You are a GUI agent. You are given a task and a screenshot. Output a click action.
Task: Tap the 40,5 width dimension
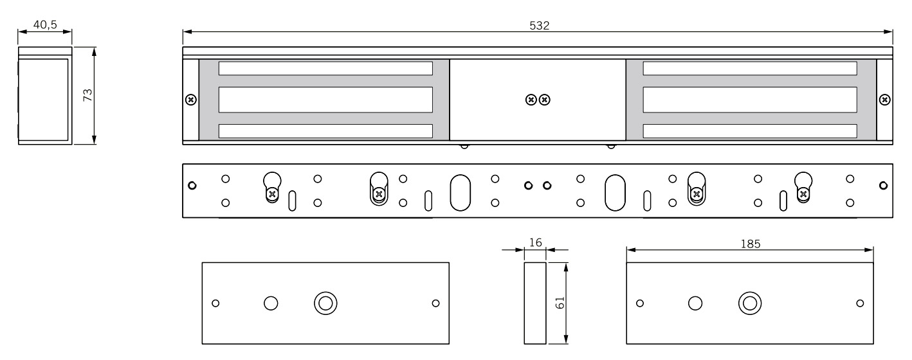click(x=44, y=24)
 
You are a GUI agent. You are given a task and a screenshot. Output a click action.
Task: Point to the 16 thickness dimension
click(x=534, y=242)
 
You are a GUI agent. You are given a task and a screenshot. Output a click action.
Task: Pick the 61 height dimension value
click(x=560, y=303)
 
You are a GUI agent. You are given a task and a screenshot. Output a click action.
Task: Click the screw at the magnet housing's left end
click(x=190, y=100)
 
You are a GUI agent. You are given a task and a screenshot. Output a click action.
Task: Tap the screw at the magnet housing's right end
click(x=885, y=100)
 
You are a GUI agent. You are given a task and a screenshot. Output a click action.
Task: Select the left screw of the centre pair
click(x=531, y=100)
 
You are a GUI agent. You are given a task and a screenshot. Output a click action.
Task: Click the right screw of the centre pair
click(x=545, y=100)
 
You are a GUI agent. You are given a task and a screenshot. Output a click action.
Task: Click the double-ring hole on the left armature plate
click(x=325, y=303)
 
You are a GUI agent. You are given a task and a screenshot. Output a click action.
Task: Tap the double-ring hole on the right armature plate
click(x=749, y=303)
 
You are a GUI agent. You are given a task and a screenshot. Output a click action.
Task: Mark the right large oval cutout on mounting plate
click(x=615, y=192)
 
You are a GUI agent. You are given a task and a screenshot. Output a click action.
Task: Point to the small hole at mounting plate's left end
click(x=191, y=186)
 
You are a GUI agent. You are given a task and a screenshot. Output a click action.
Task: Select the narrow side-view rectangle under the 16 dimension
click(x=534, y=303)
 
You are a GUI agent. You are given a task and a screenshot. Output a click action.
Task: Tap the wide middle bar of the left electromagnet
click(x=325, y=100)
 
